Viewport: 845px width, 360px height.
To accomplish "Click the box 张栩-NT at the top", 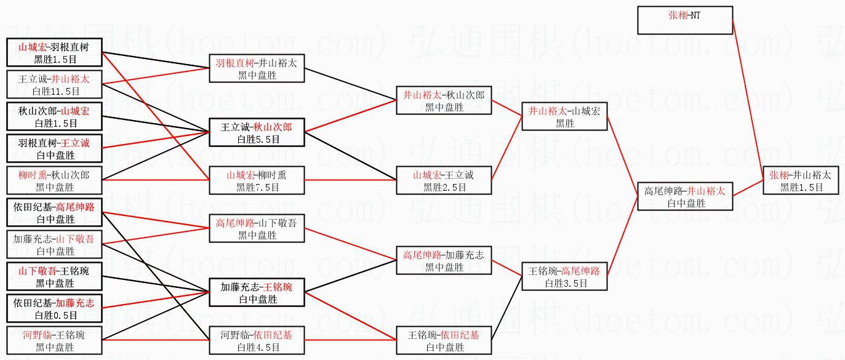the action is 685,20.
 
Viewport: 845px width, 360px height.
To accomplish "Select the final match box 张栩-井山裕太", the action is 801,181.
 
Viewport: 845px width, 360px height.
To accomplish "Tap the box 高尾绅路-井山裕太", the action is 685,197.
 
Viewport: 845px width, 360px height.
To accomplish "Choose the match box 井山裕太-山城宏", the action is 565,116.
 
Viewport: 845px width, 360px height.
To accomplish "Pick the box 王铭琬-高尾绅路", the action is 565,276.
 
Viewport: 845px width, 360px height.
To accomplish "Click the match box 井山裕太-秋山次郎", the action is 444,100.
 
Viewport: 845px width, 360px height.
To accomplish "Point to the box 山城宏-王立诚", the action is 444,180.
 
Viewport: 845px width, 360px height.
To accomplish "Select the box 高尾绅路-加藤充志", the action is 444,260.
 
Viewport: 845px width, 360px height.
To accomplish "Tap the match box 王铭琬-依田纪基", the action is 444,340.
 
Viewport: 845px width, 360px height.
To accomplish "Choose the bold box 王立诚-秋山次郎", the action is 256,132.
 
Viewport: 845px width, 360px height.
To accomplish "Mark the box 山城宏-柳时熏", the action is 256,180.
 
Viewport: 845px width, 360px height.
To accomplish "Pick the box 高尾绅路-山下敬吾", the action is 256,228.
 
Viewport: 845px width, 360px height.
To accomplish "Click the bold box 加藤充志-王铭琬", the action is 256,292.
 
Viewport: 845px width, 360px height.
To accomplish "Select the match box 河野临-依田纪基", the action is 256,340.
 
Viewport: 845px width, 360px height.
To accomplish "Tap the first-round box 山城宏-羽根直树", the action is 54,52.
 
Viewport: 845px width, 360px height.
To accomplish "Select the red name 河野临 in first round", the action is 36,335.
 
